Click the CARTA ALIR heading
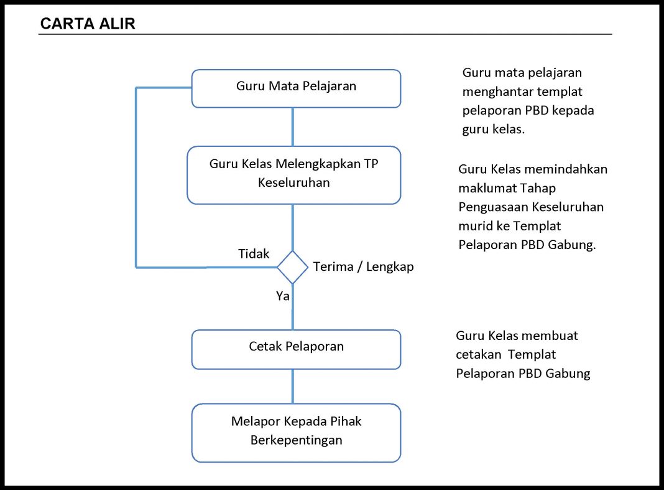click(88, 24)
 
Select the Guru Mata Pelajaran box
click(296, 88)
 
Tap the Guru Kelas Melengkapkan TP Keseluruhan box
click(294, 175)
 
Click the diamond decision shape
click(293, 267)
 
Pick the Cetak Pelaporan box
click(296, 349)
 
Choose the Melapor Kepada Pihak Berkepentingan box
click(296, 433)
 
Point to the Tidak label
click(254, 253)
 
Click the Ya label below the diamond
click(282, 296)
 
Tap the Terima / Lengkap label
click(363, 267)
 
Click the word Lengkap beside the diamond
click(390, 267)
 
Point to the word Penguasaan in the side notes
click(493, 207)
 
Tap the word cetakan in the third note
click(479, 355)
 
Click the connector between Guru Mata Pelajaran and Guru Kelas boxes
click(293, 127)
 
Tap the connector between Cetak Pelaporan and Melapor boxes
click(293, 387)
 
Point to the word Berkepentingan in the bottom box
click(296, 440)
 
